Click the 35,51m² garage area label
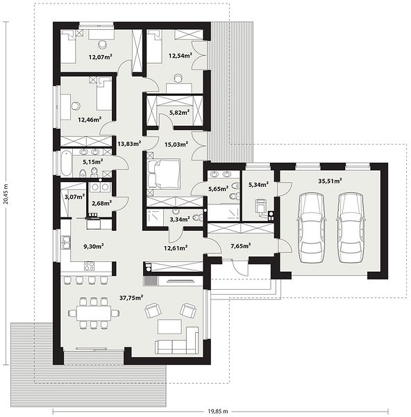point(330,181)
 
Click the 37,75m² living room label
point(131,297)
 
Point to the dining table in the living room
point(94,313)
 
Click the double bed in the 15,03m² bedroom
point(164,174)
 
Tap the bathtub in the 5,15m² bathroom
point(67,163)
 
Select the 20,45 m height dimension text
point(6,194)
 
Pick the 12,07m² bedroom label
point(100,57)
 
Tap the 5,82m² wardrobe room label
point(179,112)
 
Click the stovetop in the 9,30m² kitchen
point(89,266)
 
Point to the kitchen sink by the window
point(65,243)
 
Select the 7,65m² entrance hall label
point(241,246)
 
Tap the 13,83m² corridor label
point(129,144)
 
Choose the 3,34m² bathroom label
point(180,220)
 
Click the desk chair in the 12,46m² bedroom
point(76,106)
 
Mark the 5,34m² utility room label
point(258,184)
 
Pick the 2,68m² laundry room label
point(101,204)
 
